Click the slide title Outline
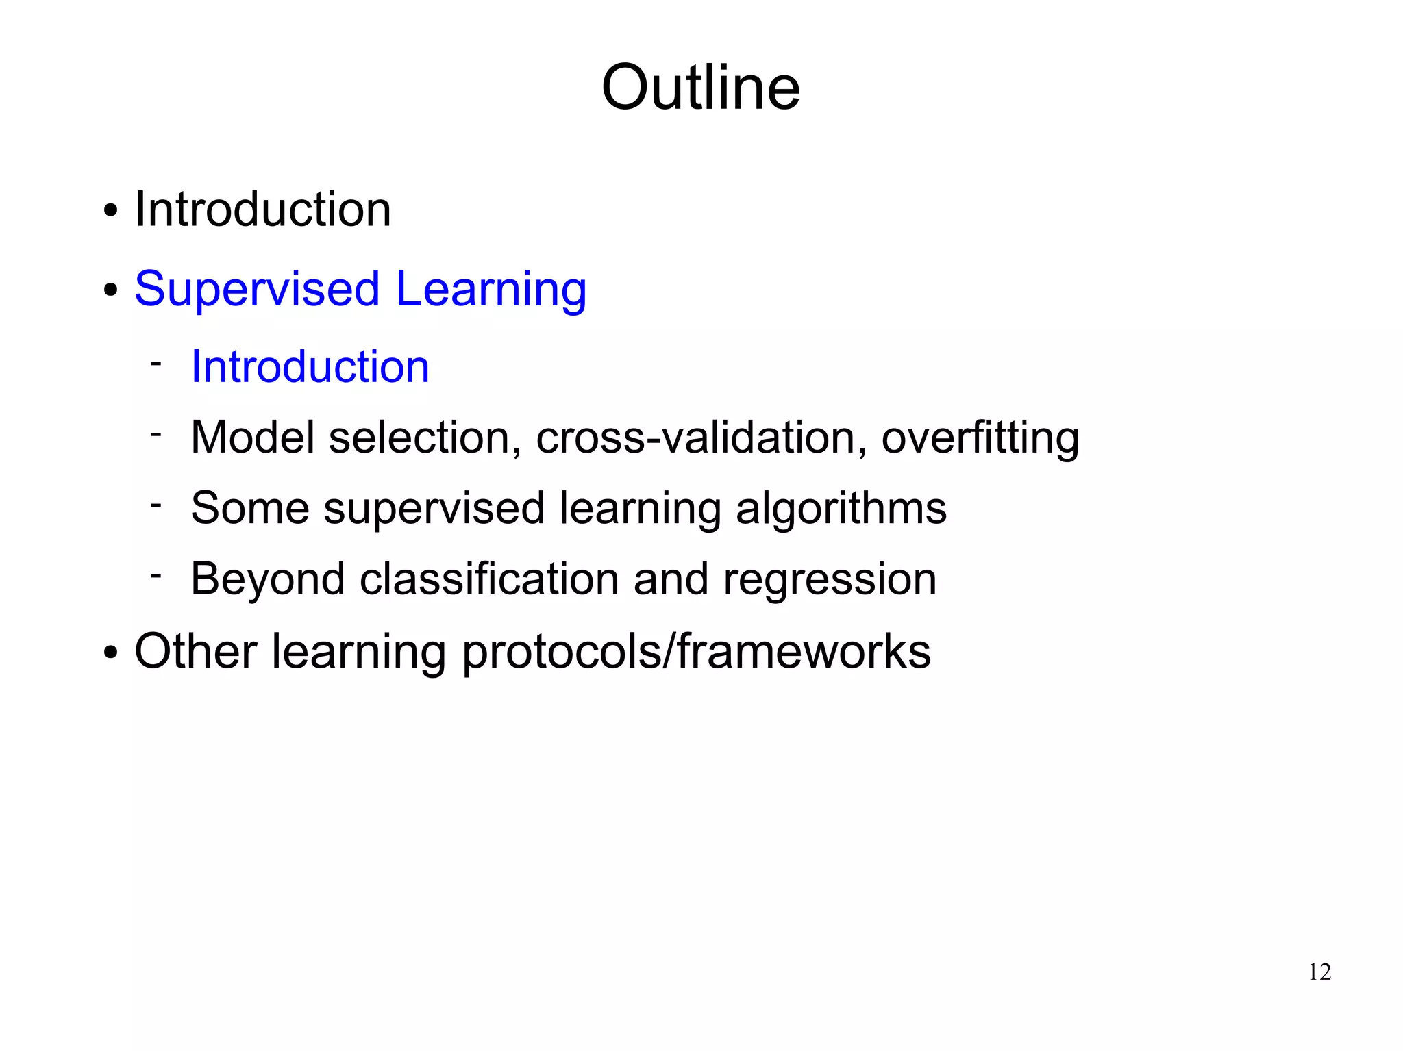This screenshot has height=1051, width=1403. pos(700,88)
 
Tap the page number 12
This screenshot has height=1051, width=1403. pos(1319,972)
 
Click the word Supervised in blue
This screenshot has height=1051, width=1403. pos(257,290)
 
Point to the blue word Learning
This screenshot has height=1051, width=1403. pos(491,290)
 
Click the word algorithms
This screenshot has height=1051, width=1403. pos(841,509)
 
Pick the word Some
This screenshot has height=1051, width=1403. pos(249,508)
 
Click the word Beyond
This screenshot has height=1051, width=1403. pos(267,579)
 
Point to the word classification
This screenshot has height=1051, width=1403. pos(489,579)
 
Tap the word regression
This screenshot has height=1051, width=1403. pos(830,581)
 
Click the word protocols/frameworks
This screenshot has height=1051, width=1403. pos(696,652)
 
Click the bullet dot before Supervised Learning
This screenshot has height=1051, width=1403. pos(110,291)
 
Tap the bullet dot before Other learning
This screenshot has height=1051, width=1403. pos(110,653)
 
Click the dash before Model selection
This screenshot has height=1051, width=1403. pos(156,433)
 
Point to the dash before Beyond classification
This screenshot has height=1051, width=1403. pos(156,574)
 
